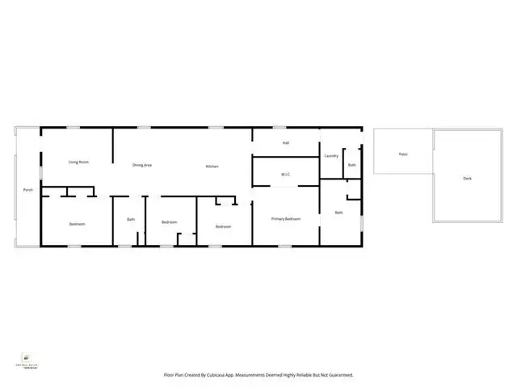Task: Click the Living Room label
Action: [x=78, y=162]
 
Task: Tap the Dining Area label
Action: [x=142, y=165]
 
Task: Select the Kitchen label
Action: [x=212, y=166]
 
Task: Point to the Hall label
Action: [x=286, y=143]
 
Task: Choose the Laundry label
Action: [x=330, y=155]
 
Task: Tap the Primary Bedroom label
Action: [x=286, y=218]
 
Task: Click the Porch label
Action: [x=28, y=190]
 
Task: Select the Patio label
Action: [x=403, y=154]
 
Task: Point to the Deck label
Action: [x=467, y=178]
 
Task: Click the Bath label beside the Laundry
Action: [x=352, y=165]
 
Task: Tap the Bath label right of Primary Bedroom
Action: [x=339, y=212]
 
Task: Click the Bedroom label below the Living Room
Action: [x=77, y=224]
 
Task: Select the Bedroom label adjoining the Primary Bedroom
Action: [x=224, y=226]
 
